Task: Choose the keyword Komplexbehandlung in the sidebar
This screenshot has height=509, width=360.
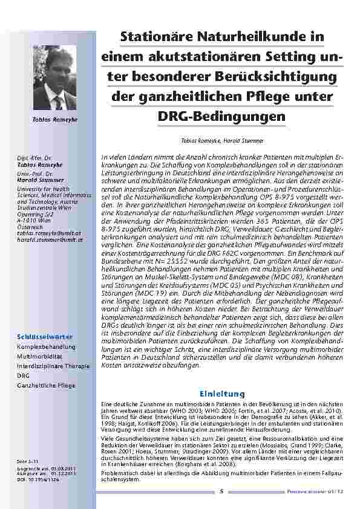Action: [x=46, y=346]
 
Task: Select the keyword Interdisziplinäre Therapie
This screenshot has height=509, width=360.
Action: [x=53, y=366]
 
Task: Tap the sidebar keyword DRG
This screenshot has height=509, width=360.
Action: [x=22, y=375]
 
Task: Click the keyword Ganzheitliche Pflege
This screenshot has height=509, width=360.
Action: [x=46, y=385]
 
